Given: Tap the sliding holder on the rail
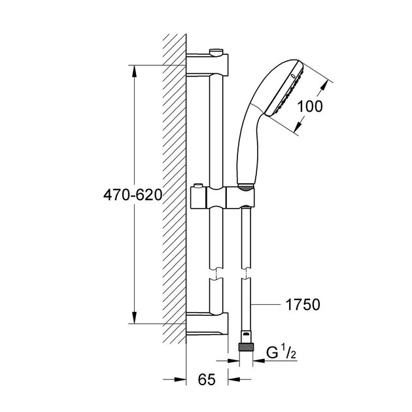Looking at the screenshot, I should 222,196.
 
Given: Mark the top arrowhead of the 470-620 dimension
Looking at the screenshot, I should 134,68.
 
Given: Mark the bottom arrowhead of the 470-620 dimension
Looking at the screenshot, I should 134,320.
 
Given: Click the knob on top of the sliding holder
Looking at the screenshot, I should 199,184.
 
